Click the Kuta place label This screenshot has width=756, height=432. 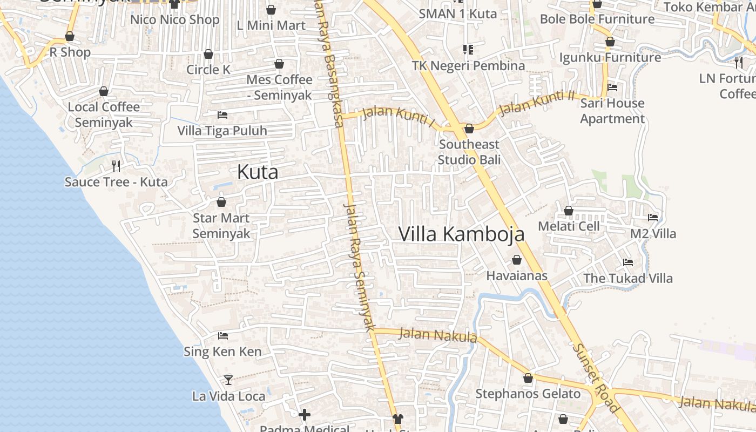(258, 172)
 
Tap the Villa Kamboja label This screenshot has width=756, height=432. (461, 234)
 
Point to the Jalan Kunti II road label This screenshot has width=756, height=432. (537, 103)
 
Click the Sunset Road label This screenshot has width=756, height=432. (596, 378)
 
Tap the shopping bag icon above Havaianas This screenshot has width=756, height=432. (517, 260)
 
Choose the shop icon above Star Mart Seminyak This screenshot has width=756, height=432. (221, 202)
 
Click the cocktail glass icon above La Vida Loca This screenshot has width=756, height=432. (228, 380)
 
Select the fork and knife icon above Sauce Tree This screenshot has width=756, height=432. (116, 165)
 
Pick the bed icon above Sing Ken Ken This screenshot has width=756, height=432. (222, 336)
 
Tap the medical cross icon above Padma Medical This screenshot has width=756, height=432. (305, 415)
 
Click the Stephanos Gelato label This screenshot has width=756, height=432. (528, 394)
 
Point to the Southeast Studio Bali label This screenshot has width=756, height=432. (469, 152)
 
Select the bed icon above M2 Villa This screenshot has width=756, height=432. (653, 218)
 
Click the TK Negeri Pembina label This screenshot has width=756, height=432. (468, 65)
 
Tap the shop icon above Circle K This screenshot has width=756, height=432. (208, 54)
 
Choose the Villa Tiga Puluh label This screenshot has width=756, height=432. (222, 131)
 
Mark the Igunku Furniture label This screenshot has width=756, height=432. (610, 57)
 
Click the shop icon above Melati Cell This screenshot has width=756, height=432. (569, 211)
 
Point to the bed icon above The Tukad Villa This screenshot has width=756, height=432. (628, 262)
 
